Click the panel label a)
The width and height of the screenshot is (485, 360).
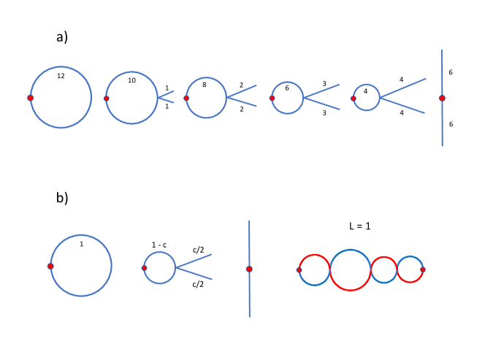(61, 37)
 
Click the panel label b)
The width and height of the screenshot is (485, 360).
(61, 197)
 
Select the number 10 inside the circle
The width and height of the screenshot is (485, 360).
(131, 80)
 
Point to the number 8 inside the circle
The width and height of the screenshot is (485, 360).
(204, 85)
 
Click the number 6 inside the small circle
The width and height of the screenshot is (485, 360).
(287, 88)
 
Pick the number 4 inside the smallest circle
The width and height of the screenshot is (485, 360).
(365, 91)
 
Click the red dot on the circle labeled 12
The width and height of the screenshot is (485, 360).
(31, 98)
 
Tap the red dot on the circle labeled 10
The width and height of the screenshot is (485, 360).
(107, 99)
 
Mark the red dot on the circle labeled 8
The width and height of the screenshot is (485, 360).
(186, 99)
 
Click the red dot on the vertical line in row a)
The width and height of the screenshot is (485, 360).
(442, 98)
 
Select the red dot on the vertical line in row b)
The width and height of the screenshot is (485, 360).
(249, 269)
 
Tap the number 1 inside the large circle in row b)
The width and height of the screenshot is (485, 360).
(81, 244)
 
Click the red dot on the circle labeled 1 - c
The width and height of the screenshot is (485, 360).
(144, 268)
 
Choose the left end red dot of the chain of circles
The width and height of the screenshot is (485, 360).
(299, 270)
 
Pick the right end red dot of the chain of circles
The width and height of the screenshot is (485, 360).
(423, 269)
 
